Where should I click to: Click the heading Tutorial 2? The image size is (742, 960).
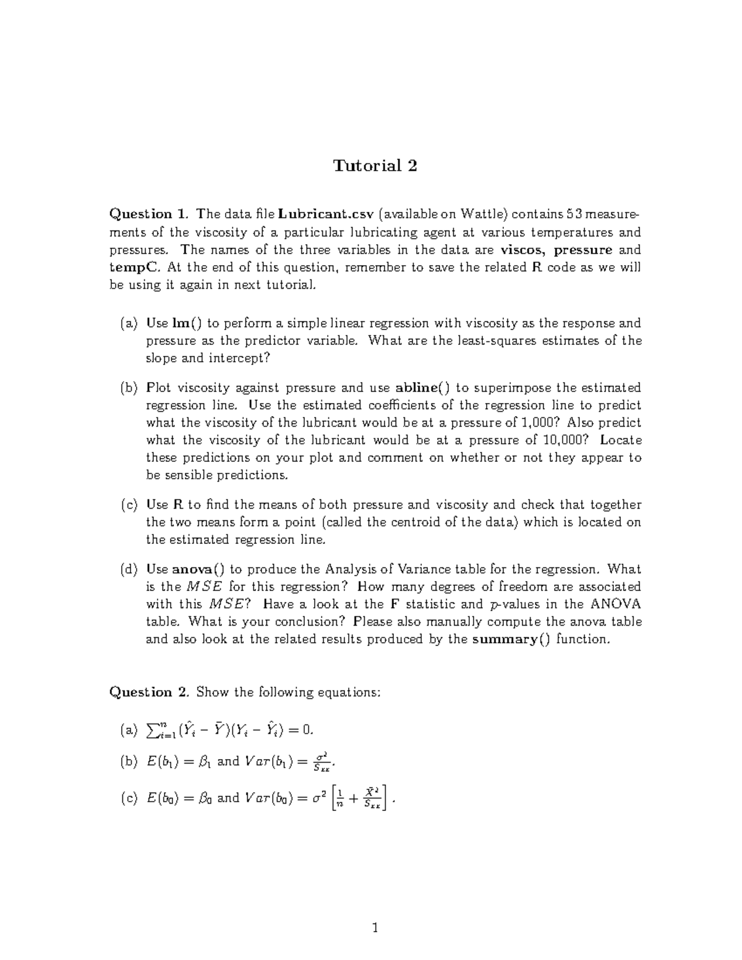pos(375,166)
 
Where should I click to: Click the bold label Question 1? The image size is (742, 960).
pos(148,215)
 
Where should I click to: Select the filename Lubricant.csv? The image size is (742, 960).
pos(326,215)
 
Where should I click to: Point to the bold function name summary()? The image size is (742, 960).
pos(511,639)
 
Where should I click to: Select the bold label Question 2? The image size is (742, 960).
pos(148,692)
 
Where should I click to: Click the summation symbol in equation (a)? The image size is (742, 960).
pos(152,731)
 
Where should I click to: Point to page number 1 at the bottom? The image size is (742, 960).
pos(375,927)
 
